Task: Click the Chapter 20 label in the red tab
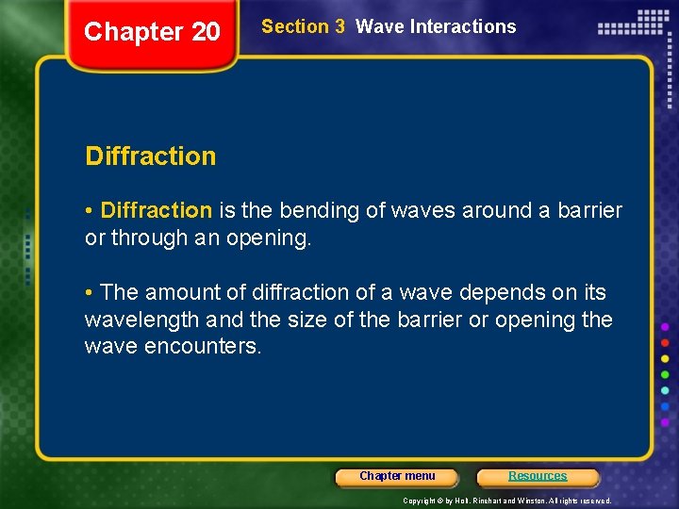pos(152,32)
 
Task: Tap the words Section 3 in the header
pos(303,26)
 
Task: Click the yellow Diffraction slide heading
pos(151,156)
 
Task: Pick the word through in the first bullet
pos(142,238)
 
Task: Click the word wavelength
pos(141,320)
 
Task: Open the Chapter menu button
pos(397,476)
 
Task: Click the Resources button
pos(538,476)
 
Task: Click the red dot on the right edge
pos(665,342)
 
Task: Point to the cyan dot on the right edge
pos(665,390)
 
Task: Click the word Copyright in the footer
pos(420,501)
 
